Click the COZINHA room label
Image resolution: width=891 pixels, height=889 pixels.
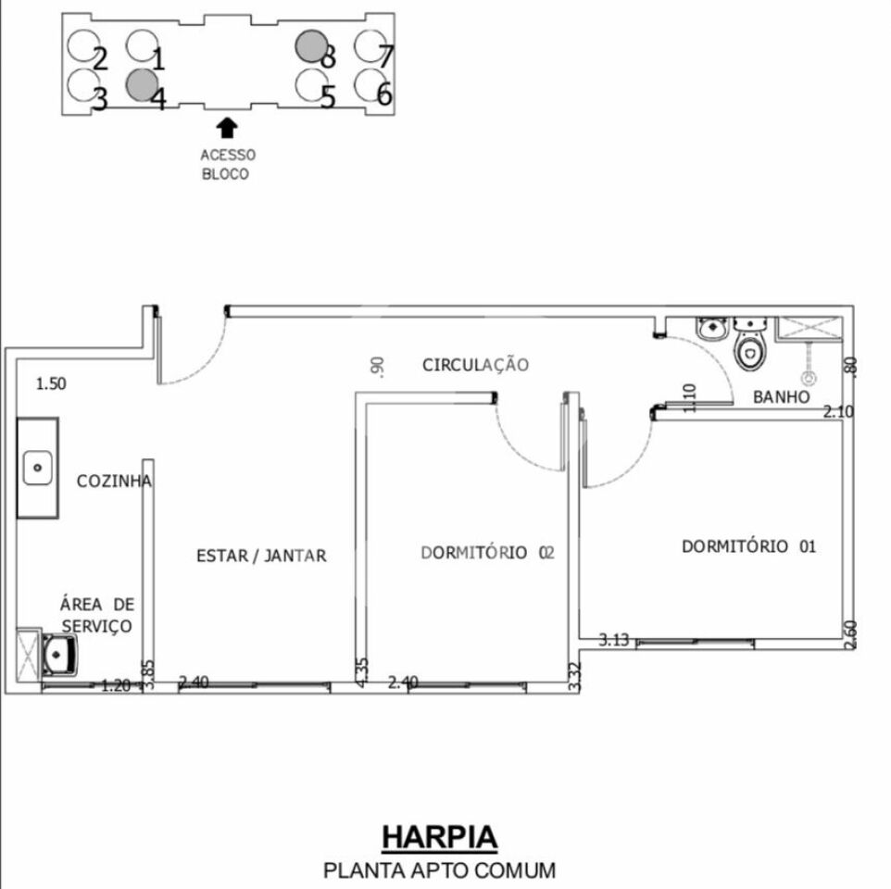(x=114, y=482)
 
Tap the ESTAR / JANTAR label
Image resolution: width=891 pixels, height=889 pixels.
(x=261, y=556)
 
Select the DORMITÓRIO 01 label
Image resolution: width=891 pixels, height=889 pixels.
(x=748, y=546)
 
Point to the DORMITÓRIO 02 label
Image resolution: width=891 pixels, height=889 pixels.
(x=487, y=553)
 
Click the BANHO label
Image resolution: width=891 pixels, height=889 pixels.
(x=781, y=396)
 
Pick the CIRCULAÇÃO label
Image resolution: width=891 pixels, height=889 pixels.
(x=475, y=365)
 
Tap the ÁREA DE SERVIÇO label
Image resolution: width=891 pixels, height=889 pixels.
(x=97, y=615)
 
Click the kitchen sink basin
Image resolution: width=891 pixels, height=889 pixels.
(x=37, y=468)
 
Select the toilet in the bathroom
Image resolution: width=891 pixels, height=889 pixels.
(x=748, y=351)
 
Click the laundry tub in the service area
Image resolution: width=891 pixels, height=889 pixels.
(x=59, y=656)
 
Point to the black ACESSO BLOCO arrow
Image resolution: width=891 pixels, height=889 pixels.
(x=227, y=127)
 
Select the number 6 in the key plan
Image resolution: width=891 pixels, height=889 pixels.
(x=384, y=94)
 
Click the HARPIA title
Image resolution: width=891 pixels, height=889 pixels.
(x=439, y=836)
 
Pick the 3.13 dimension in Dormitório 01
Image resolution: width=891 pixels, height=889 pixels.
(x=614, y=639)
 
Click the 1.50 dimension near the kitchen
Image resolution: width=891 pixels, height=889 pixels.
(x=51, y=383)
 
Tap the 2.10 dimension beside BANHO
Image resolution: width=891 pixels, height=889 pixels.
(x=838, y=411)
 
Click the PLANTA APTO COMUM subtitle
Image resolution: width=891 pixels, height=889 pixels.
(x=439, y=870)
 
